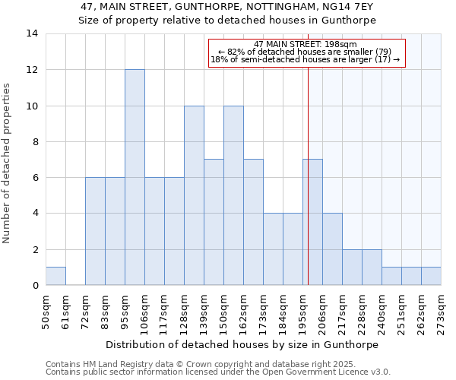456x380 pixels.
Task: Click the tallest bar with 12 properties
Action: [x=135, y=177]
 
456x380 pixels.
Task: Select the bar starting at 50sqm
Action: [x=55, y=276]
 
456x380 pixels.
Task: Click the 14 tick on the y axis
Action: [x=33, y=33]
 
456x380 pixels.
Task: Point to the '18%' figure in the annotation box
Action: [x=220, y=59]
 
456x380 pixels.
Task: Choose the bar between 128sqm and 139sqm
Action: [x=194, y=195]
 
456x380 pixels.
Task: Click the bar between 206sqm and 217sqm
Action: [x=332, y=249]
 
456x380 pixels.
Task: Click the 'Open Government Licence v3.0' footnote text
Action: [x=325, y=372]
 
